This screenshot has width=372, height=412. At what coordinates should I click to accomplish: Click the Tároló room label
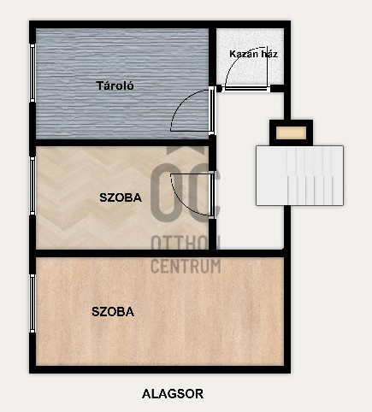point(115,85)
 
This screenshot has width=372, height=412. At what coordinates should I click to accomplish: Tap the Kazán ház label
point(253,54)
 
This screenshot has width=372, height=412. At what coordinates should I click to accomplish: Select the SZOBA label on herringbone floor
point(121,197)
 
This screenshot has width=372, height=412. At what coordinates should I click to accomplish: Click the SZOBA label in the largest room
point(113,312)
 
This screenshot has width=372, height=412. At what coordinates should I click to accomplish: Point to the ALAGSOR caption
point(173,394)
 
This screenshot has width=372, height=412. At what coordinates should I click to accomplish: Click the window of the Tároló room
point(32,73)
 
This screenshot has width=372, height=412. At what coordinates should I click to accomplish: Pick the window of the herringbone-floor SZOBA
point(32,185)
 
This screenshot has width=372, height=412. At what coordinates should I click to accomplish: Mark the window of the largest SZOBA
point(32,303)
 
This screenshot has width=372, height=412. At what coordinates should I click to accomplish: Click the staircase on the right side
point(299,175)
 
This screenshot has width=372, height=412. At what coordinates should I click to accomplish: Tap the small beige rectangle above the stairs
point(291,132)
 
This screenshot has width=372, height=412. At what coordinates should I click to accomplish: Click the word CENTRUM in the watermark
point(186,266)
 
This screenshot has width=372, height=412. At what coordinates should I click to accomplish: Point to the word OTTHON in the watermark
point(186,244)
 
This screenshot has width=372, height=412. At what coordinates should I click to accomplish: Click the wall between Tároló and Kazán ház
point(213,56)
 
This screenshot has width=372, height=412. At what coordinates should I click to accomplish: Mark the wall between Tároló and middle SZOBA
point(122,143)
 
